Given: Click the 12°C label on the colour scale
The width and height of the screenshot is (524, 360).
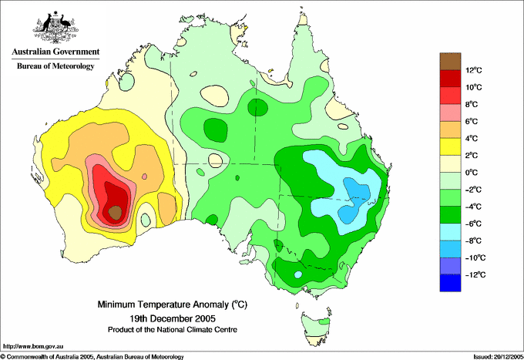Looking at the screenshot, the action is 474,70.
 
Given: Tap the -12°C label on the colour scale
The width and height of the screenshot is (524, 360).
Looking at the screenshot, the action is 475,274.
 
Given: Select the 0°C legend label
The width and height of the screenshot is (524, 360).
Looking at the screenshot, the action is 472,173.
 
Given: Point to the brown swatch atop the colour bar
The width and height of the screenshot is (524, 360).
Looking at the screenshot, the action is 450,61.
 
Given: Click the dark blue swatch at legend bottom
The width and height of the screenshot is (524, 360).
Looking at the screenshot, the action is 450,283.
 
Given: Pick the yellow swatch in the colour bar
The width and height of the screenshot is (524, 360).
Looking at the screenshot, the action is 450,146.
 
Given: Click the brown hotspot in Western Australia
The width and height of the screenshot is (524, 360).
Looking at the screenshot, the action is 115,213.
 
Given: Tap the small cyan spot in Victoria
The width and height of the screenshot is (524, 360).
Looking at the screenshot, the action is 298,274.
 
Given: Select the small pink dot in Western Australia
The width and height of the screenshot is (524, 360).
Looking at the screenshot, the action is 144,177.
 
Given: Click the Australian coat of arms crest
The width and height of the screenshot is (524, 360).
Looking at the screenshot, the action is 55,27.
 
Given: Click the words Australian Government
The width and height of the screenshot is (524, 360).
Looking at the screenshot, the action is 55,52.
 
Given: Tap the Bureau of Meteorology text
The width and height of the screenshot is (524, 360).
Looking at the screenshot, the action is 55,66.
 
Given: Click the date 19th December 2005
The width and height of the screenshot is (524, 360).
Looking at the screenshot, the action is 173,318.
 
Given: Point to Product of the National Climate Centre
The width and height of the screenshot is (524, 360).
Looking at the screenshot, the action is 173,330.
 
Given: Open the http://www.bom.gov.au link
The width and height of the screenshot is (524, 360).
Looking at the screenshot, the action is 33,347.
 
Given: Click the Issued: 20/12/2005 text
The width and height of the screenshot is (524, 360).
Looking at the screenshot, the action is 498,357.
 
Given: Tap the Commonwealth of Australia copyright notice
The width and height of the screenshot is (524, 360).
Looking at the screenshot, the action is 92,357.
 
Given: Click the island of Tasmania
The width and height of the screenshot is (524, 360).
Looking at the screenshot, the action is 316,329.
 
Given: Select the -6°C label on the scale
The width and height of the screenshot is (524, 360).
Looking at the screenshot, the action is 473,224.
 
